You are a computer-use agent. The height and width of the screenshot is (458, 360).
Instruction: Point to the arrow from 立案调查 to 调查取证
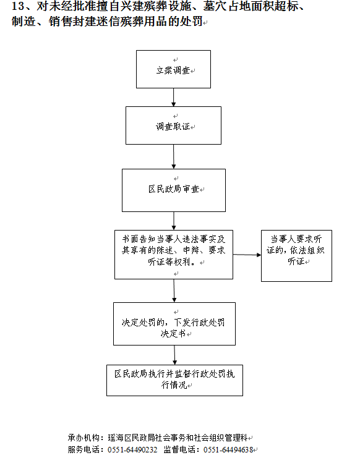173,97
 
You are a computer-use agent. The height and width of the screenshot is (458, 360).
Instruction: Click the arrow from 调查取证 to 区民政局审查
174,156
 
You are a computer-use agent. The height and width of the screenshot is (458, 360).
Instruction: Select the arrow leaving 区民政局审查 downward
174,221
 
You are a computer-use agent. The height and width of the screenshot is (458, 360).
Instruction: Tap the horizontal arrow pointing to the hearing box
247,255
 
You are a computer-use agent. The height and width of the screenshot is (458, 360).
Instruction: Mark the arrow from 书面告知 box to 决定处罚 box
174,290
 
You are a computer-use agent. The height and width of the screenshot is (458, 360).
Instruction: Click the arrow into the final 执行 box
174,355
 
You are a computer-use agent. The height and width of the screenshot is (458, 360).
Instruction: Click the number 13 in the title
18,6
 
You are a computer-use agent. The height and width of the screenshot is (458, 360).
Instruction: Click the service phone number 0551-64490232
132,449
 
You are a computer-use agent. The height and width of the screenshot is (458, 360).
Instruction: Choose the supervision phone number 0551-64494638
228,449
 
